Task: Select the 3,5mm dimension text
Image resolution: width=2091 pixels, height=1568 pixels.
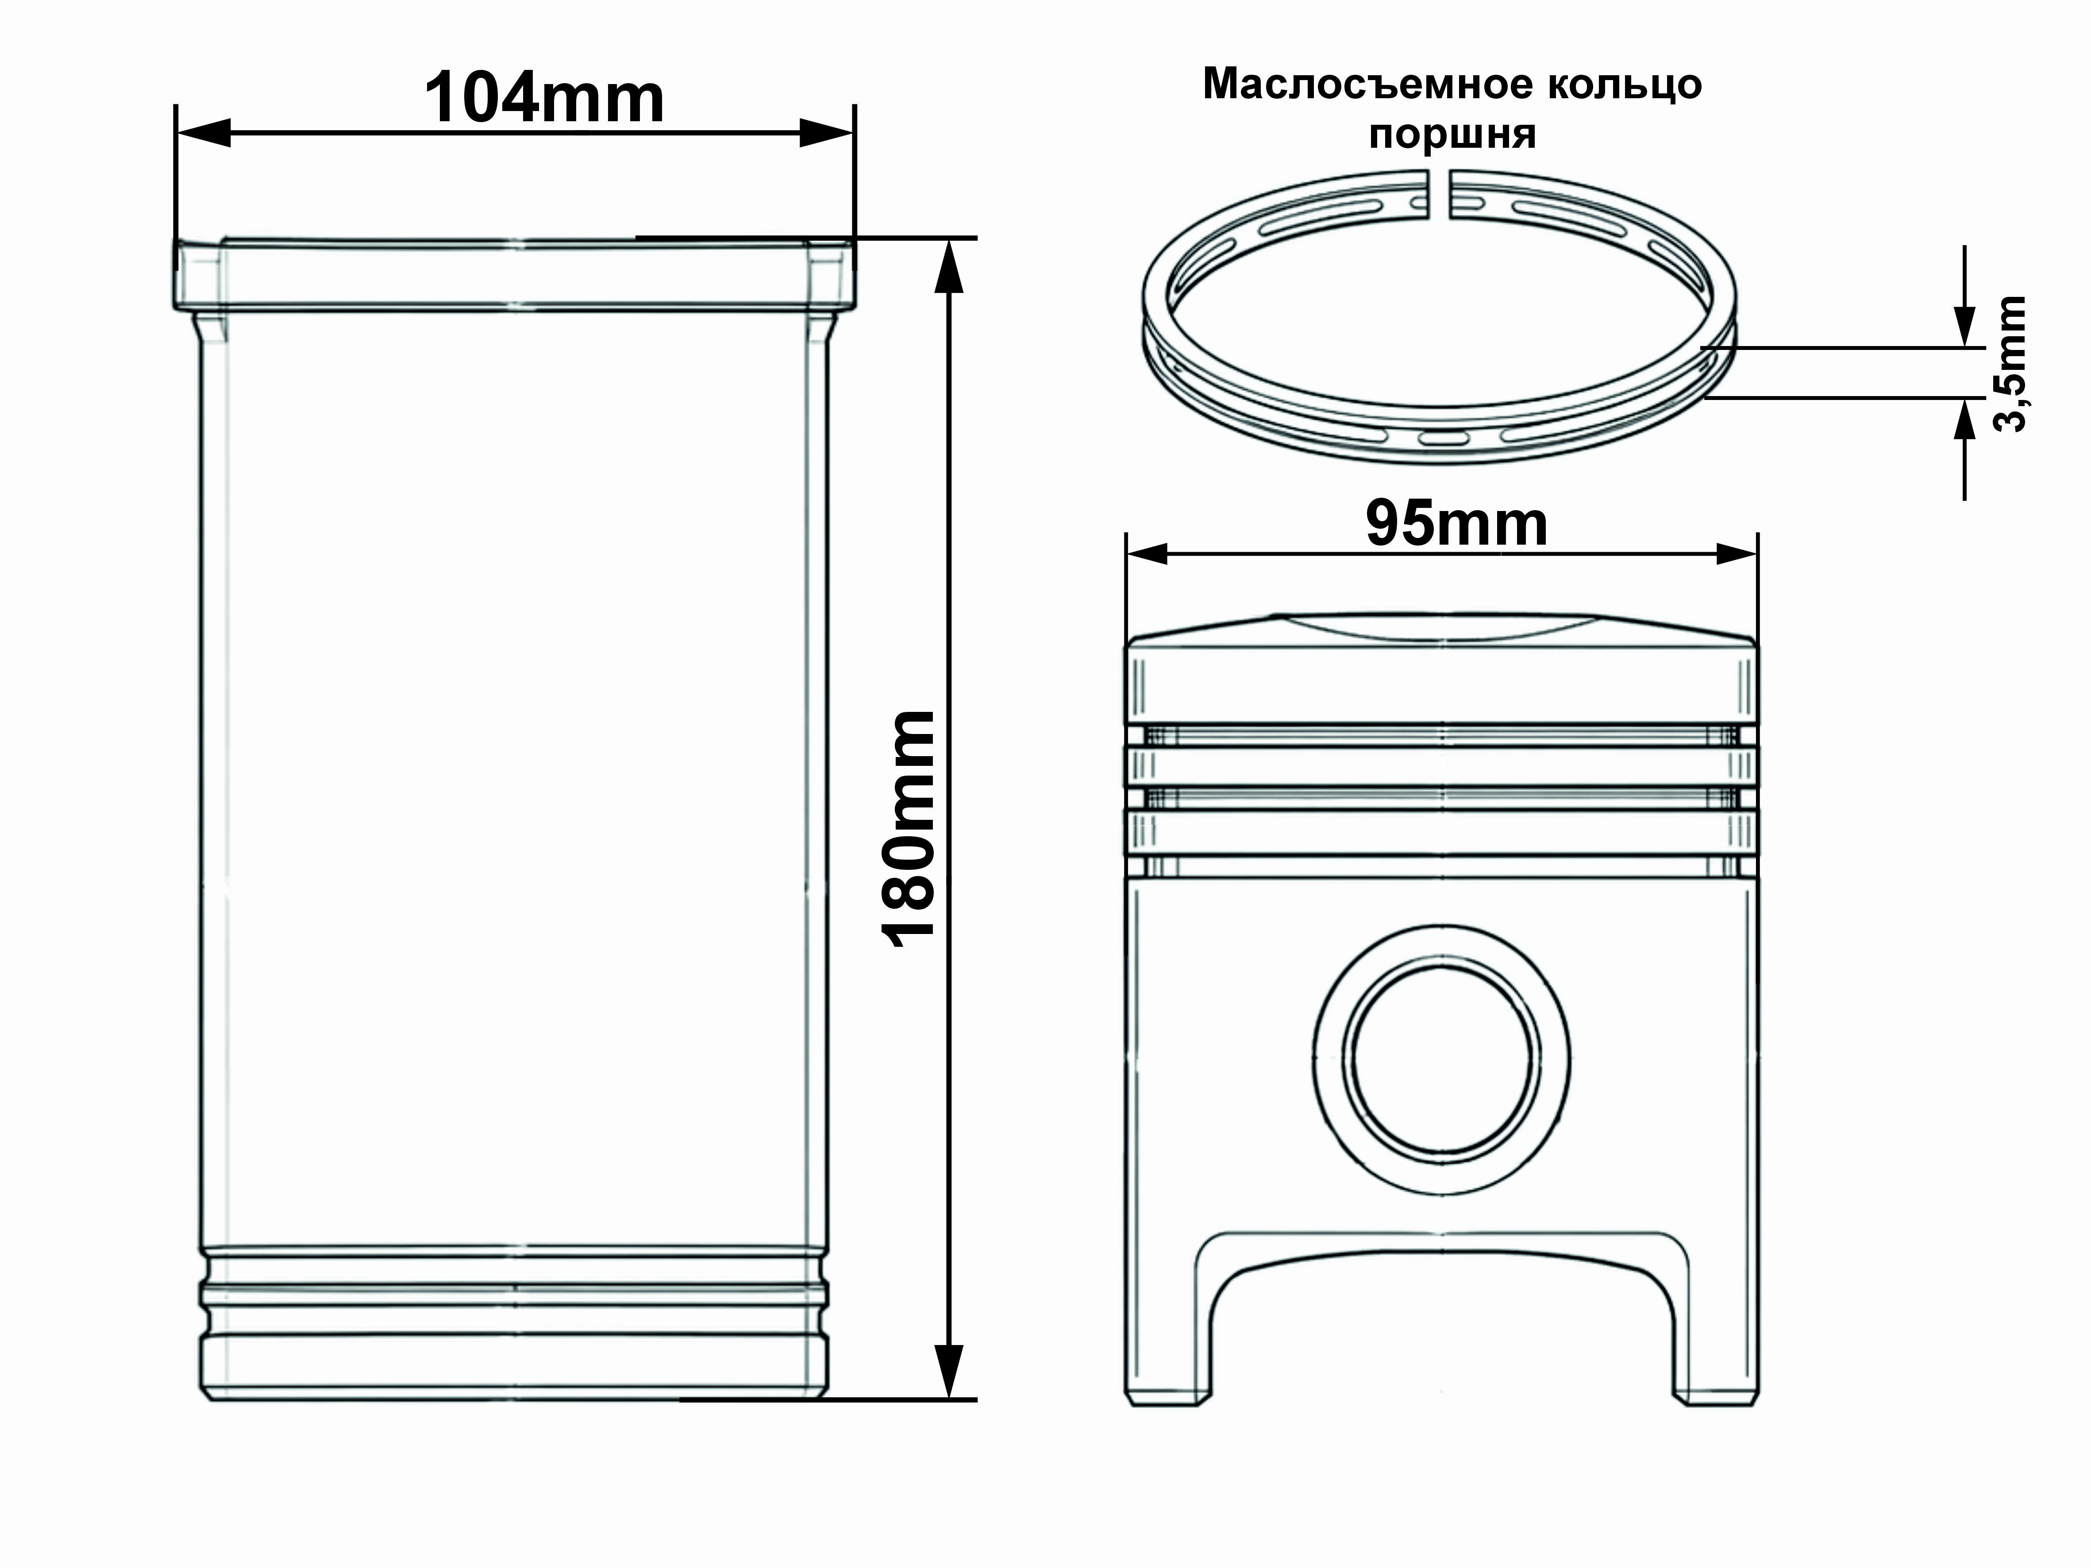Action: tap(2010, 364)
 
